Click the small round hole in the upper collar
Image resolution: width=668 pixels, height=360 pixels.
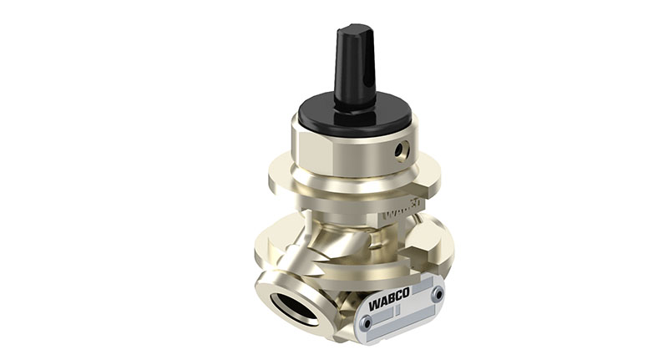tap(402, 150)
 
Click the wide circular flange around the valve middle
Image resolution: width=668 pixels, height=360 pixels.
tap(292, 180)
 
